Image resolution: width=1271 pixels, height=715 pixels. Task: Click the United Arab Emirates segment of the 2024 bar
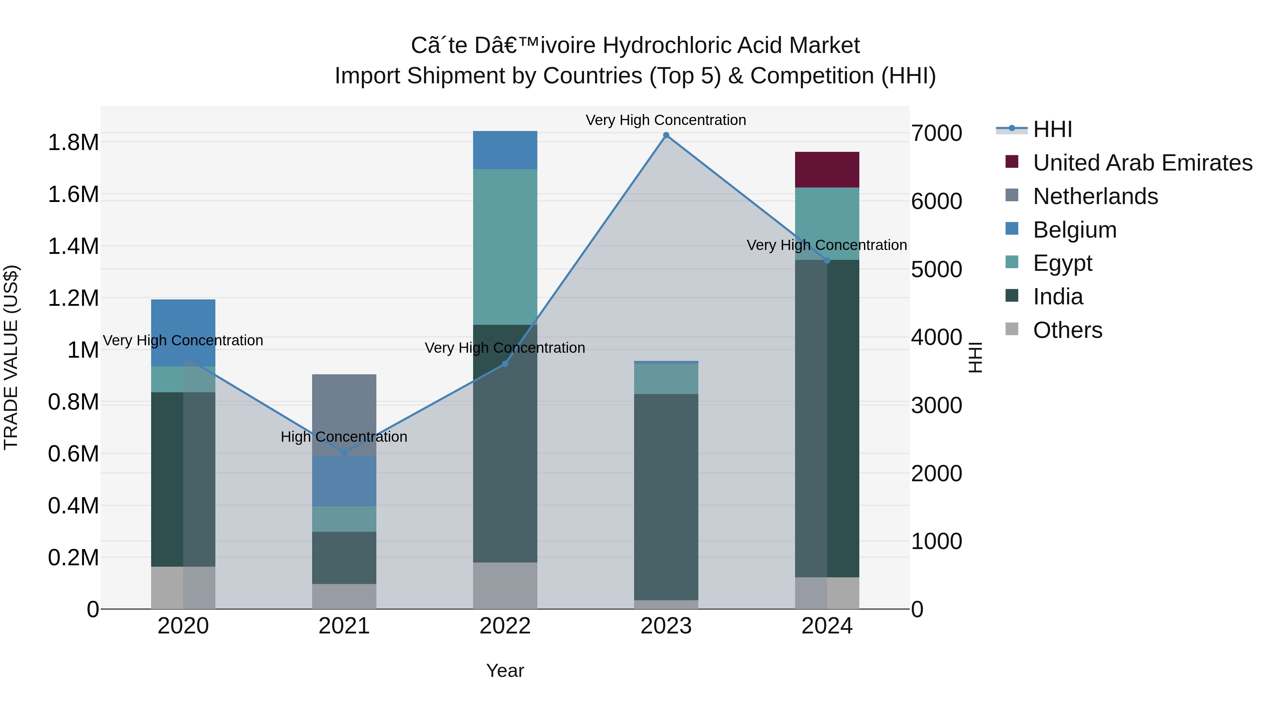pyautogui.click(x=827, y=169)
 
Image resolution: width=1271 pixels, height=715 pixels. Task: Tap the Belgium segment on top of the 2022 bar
pyautogui.click(x=505, y=150)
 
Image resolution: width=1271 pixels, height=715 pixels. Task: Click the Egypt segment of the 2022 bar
pyautogui.click(x=505, y=247)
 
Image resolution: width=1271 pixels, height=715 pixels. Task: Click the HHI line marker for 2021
pyautogui.click(x=344, y=453)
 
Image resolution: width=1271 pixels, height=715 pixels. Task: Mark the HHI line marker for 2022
pyautogui.click(x=505, y=364)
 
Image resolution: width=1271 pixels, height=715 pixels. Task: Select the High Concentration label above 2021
pyautogui.click(x=344, y=437)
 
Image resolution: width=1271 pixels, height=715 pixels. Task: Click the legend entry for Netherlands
pyautogui.click(x=1095, y=196)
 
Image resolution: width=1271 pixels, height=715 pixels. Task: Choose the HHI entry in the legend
pyautogui.click(x=1052, y=129)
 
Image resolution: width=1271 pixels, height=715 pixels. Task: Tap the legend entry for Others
pyautogui.click(x=1067, y=330)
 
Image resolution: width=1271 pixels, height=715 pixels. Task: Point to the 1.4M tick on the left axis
pyautogui.click(x=73, y=246)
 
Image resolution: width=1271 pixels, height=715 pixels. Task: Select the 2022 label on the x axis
pyautogui.click(x=505, y=626)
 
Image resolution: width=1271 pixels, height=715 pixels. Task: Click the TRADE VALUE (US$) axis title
pyautogui.click(x=11, y=357)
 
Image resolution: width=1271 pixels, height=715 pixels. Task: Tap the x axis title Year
pyautogui.click(x=505, y=671)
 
